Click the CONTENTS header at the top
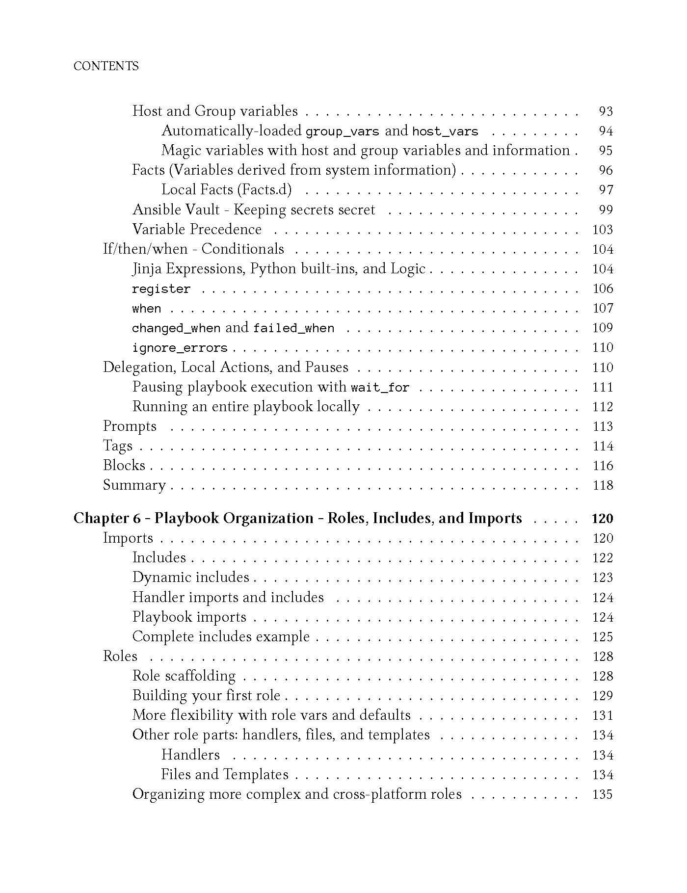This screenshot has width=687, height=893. pos(106,66)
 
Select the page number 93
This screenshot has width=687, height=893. pos(606,111)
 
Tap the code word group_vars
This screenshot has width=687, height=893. pos(342,131)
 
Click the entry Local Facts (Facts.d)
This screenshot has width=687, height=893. pos(226,190)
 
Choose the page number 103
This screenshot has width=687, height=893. pos(603,230)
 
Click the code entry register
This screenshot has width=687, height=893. pos(161,289)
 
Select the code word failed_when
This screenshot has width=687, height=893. pos(293,328)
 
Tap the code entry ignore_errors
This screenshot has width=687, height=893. pos(180,348)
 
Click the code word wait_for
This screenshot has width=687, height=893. pos(380,388)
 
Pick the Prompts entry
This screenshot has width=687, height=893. pos(130,426)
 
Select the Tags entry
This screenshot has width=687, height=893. pos(118,446)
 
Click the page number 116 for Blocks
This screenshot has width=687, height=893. pos(603,466)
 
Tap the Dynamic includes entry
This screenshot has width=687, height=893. pos(190,578)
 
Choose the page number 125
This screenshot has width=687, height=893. pos(603,637)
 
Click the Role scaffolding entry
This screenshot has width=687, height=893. pos(184,676)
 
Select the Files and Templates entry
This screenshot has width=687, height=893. pos(225,775)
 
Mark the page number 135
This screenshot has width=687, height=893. pos(603,794)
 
